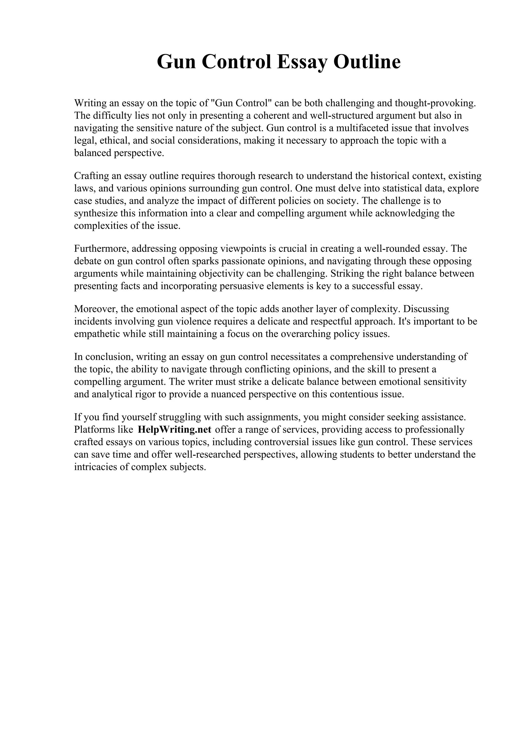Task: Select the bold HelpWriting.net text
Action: pos(175,429)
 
